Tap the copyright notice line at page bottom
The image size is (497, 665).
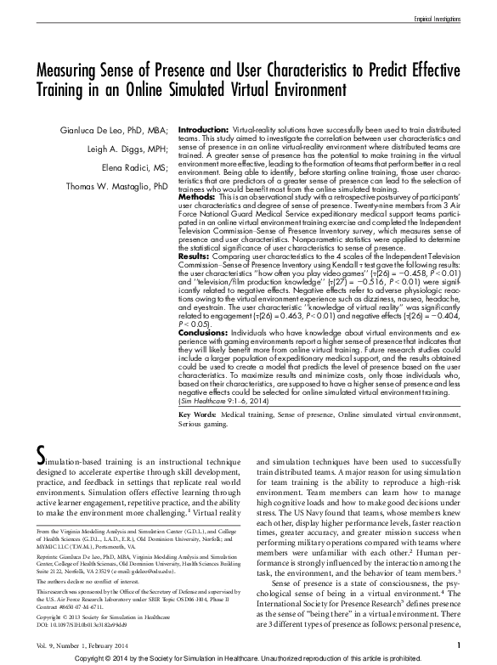point(248,658)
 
